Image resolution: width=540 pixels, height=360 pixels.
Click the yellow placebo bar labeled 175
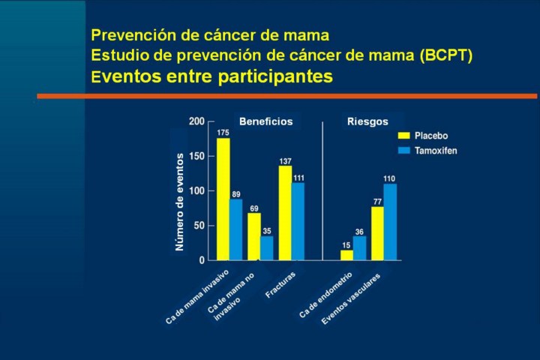[223, 199]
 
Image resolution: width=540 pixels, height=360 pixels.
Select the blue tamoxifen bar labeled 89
[235, 229]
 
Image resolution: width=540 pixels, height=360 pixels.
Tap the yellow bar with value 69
[254, 236]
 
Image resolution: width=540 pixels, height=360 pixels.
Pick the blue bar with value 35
[267, 248]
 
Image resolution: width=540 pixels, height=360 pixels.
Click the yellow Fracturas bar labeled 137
[285, 213]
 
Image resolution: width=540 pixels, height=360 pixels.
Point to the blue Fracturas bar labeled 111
[298, 221]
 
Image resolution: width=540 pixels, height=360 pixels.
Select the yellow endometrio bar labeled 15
[346, 255]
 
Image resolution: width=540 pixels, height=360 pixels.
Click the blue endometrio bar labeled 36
[359, 248]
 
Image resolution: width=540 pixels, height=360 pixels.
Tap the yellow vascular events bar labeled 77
[377, 233]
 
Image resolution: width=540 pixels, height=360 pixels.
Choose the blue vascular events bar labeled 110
[390, 222]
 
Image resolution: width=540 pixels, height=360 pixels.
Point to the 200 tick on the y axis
[196, 121]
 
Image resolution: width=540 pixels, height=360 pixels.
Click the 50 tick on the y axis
[199, 225]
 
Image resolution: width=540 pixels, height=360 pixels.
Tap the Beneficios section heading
[265, 121]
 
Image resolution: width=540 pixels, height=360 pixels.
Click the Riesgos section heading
[367, 121]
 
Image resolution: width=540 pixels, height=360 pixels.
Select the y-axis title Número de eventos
[179, 201]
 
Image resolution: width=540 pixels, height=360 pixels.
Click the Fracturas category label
[281, 284]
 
